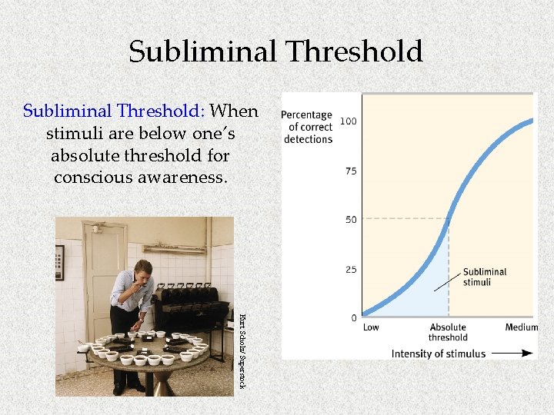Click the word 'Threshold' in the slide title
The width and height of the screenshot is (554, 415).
point(355,52)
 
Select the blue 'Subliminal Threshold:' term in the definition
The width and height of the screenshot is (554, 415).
point(113,111)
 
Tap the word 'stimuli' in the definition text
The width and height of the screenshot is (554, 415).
point(72,134)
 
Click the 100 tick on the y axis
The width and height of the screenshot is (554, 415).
point(349,121)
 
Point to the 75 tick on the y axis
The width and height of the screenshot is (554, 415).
point(351,171)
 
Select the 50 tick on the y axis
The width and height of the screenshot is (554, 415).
point(351,220)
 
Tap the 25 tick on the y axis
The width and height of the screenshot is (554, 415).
point(351,269)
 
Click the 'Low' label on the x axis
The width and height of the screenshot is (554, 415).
point(371,327)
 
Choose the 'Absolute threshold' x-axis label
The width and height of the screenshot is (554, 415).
point(448,332)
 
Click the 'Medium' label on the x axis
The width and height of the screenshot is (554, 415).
point(522,327)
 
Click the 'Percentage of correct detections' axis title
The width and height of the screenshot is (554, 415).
point(308,127)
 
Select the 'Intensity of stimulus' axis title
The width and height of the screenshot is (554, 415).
point(439,354)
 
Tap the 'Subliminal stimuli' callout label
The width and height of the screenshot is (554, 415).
point(484,277)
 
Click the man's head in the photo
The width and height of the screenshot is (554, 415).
point(143,271)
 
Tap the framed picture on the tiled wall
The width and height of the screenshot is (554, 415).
point(60,263)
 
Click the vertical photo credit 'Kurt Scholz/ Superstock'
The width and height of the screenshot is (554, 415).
point(241,350)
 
